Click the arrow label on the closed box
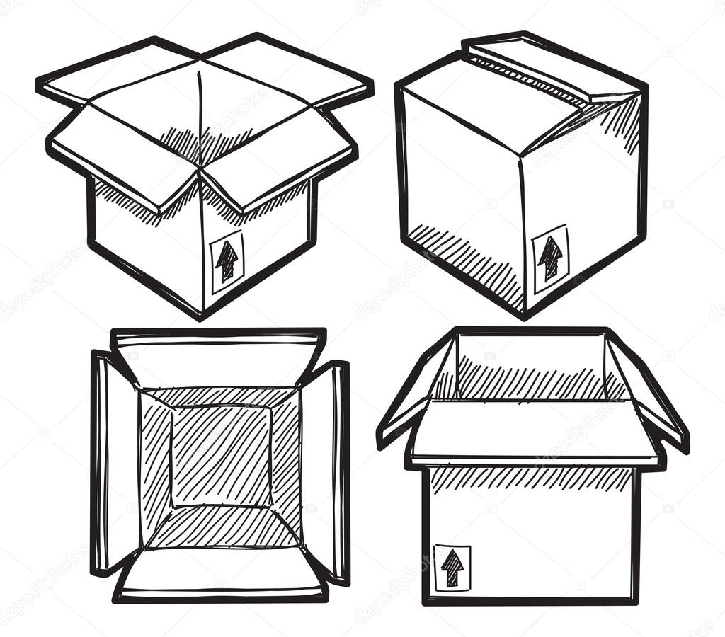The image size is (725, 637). point(550,259)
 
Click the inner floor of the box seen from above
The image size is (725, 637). point(221,457)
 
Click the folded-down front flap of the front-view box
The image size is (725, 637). point(535,432)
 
